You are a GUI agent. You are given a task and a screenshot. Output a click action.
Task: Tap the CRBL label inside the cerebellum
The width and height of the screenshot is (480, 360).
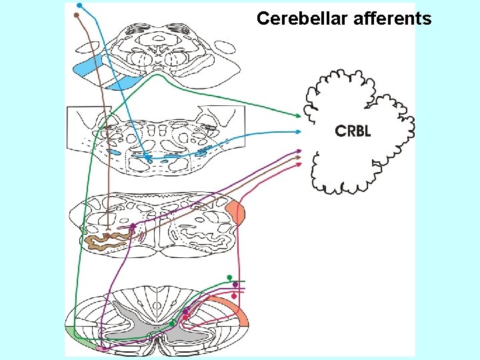tap(353, 131)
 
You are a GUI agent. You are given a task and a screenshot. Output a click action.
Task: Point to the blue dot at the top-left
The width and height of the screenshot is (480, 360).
tap(79, 5)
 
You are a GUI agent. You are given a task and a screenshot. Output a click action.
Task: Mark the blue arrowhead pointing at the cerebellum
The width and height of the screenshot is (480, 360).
tap(299, 132)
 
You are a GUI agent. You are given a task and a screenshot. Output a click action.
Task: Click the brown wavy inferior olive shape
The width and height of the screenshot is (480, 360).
tap(107, 239)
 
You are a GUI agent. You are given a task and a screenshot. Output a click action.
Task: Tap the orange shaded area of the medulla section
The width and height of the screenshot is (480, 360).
tap(237, 213)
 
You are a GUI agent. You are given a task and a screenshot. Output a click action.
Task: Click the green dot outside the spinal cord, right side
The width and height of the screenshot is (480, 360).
tap(229, 277)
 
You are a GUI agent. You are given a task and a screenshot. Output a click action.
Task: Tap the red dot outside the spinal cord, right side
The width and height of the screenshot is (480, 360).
tap(234, 295)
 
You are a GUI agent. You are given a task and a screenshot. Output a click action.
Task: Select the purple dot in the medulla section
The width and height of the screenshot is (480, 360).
tap(133, 227)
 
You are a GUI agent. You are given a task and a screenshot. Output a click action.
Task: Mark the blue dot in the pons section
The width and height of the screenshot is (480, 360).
tap(149, 159)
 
